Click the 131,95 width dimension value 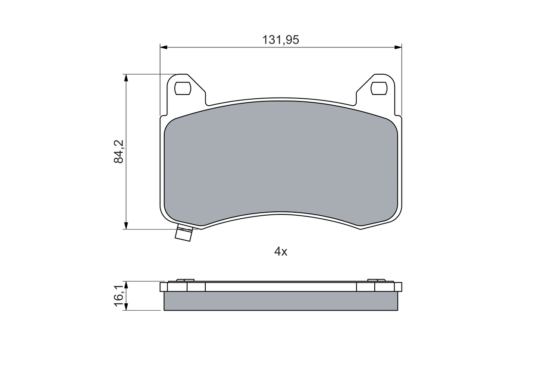[281, 40]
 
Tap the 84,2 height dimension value [119, 151]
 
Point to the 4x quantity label [281, 252]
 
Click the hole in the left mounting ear [182, 88]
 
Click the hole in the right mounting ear [379, 88]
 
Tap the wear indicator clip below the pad [184, 233]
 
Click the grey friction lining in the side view [281, 301]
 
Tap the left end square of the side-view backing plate [163, 287]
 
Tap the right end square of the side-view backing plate [398, 287]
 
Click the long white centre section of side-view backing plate [281, 287]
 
